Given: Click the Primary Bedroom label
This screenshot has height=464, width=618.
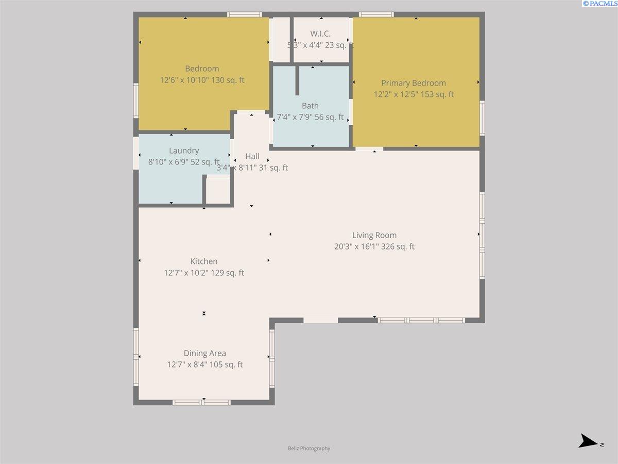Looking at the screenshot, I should tap(414, 83).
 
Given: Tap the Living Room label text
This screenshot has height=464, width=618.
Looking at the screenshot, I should tap(374, 236).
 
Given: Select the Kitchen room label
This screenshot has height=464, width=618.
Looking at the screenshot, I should tap(204, 261).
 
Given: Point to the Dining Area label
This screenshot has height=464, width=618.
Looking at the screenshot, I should tap(205, 353).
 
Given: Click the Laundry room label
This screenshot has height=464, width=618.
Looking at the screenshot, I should tap(184, 151).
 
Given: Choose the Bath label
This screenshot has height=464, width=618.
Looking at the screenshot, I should tap(310, 106).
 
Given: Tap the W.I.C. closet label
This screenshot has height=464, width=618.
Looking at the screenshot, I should tap(320, 34).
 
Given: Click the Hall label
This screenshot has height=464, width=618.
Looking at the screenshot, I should tap(252, 157).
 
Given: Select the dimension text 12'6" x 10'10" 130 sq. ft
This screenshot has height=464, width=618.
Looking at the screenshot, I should tap(202, 80).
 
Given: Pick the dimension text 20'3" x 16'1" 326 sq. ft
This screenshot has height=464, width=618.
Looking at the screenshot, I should tap(374, 246).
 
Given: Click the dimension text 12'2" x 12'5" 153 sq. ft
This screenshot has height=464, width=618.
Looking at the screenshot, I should tap(414, 94).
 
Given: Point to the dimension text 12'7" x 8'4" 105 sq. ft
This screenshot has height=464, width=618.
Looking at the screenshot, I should tap(205, 364).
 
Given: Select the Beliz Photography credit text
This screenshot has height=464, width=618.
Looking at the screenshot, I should tap(309, 449).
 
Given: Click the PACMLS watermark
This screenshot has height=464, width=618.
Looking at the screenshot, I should tap(599, 4).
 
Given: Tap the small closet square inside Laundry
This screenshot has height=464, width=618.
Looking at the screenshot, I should tap(218, 191).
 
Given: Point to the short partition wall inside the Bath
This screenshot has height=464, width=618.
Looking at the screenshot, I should tap(297, 80).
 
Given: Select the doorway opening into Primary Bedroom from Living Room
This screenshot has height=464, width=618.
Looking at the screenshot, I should tap(369, 150).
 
